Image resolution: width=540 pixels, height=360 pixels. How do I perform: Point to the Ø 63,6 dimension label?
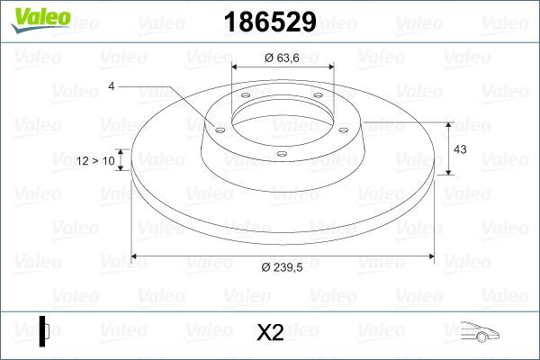pyautogui.click(x=283, y=58)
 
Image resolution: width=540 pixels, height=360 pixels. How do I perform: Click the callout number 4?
pyautogui.click(x=112, y=87)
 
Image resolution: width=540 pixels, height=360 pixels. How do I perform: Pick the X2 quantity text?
pyautogui.click(x=270, y=333)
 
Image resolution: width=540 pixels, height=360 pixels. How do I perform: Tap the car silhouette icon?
pyautogui.click(x=479, y=332)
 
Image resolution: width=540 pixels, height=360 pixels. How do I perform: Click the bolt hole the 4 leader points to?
pyautogui.click(x=219, y=128)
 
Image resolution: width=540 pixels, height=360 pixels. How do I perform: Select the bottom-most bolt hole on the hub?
pyautogui.click(x=282, y=154)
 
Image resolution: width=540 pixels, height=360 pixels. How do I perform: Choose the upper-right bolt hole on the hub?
pyautogui.click(x=318, y=98)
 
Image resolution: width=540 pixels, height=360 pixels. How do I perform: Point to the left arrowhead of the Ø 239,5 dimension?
pyautogui.click(x=136, y=256)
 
